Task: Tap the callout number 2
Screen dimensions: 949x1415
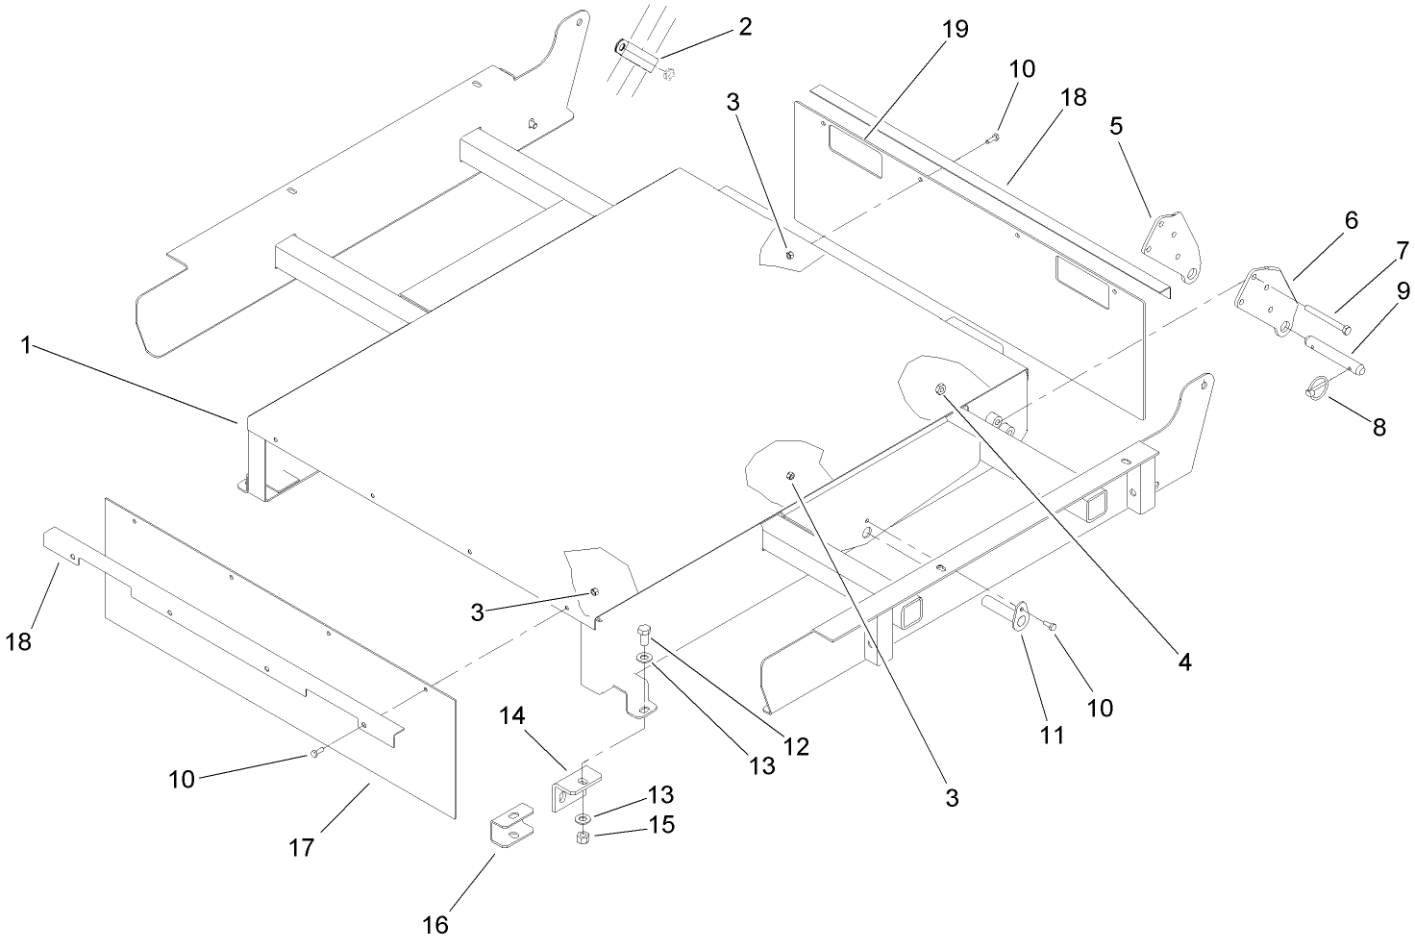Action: coord(744,26)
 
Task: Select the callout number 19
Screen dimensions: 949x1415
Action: coord(954,29)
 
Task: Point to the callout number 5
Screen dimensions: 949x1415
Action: coord(1115,126)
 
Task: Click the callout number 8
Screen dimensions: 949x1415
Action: coord(1378,428)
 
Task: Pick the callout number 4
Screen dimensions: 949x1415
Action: coord(1184,662)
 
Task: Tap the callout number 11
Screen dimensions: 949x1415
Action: coord(1053,735)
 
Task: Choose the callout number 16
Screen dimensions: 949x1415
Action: coord(435,924)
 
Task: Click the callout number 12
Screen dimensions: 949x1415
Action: coord(796,745)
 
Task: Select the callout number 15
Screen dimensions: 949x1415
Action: coord(659,825)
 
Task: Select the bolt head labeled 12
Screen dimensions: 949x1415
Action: coord(643,634)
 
